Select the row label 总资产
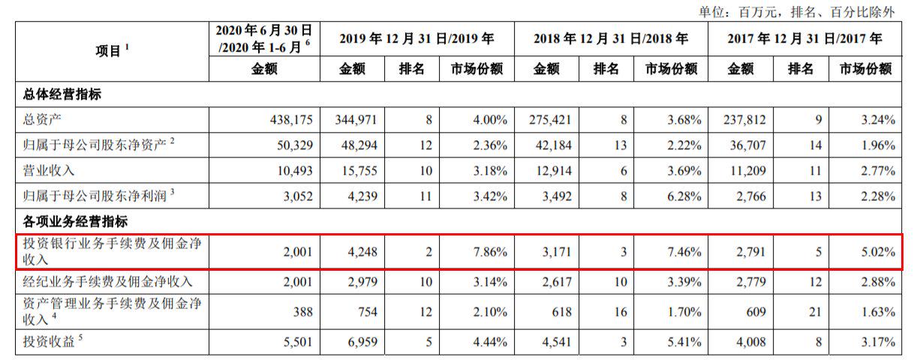click(43, 120)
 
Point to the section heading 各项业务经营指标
click(72, 220)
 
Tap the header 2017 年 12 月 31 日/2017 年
click(804, 38)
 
